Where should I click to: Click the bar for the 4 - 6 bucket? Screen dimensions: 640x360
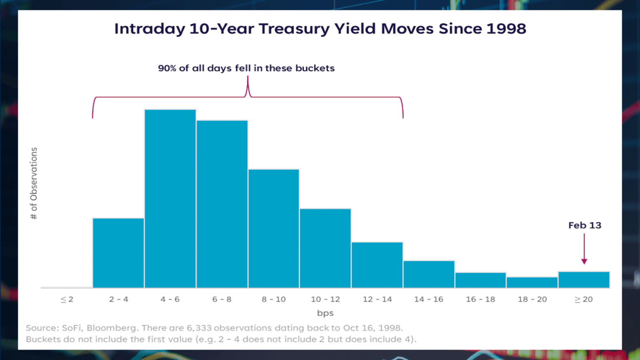(x=170, y=199)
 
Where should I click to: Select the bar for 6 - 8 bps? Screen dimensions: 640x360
(x=222, y=204)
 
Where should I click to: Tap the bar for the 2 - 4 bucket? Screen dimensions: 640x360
(x=118, y=253)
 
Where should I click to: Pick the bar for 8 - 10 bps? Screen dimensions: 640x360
(x=274, y=229)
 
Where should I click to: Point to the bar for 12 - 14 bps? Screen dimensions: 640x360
(x=377, y=265)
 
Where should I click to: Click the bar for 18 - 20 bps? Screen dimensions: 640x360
(x=532, y=282)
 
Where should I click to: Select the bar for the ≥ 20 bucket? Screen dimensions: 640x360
(x=584, y=280)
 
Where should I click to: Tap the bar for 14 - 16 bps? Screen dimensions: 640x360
(x=429, y=274)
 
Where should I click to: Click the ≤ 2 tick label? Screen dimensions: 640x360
(x=67, y=300)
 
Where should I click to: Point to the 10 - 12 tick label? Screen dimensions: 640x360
(x=325, y=300)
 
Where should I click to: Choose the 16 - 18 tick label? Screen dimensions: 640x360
(x=480, y=300)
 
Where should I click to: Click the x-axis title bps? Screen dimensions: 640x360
(x=325, y=313)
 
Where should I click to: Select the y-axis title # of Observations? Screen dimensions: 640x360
(x=34, y=183)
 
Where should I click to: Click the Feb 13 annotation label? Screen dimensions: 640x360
(x=585, y=225)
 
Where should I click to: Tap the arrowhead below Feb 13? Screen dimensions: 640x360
(x=585, y=261)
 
